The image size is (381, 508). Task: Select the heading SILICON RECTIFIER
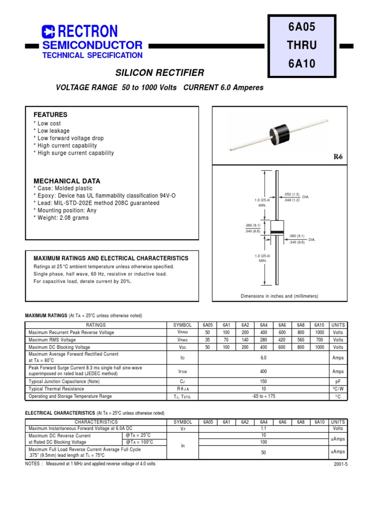(x=160, y=73)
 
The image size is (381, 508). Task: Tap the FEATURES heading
(x=50, y=115)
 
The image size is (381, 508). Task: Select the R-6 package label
(x=338, y=157)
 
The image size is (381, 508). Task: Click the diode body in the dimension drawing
(x=276, y=232)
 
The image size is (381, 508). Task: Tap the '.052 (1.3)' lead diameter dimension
(x=292, y=194)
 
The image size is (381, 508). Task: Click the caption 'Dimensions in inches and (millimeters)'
(x=279, y=296)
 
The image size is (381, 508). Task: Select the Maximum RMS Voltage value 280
(x=263, y=340)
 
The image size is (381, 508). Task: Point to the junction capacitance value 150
(x=263, y=382)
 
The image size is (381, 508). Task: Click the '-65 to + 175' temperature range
(x=263, y=396)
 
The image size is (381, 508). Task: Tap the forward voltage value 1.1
(x=263, y=428)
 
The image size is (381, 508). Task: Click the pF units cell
(x=338, y=382)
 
